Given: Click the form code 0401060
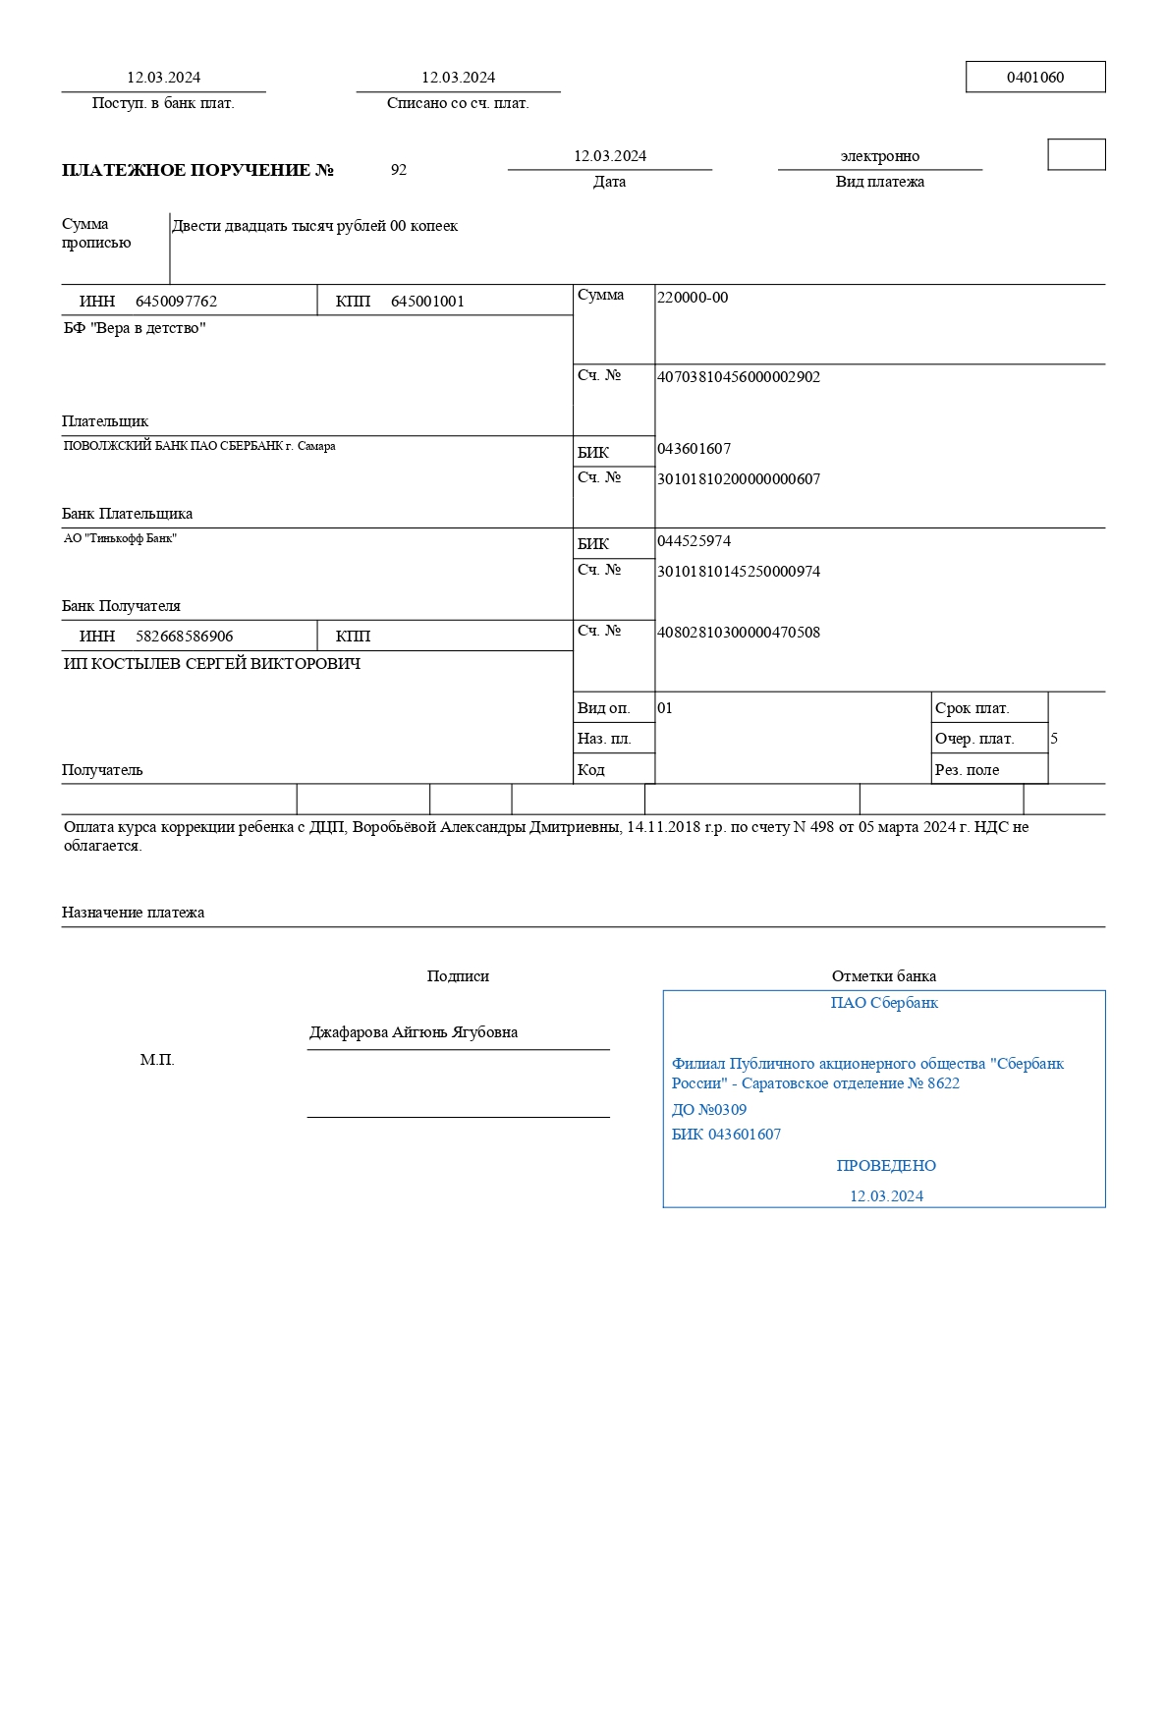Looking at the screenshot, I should [x=1034, y=78].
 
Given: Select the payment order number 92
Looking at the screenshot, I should [x=399, y=170].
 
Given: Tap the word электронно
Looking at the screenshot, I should [x=879, y=156].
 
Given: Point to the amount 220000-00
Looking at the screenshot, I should [x=693, y=298].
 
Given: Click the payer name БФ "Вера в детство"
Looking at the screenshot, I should [x=135, y=328].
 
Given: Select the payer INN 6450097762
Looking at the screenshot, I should [x=176, y=302].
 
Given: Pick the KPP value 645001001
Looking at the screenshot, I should [x=427, y=302].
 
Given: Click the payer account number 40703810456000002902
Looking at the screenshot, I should [x=738, y=377].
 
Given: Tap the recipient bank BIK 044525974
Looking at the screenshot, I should [x=694, y=541].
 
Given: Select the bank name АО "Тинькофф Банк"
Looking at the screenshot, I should [x=120, y=538].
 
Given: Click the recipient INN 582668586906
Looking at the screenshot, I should [x=185, y=637].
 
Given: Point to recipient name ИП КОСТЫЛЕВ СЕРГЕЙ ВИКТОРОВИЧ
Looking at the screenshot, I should [x=212, y=664].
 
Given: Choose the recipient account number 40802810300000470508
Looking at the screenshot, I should [x=738, y=633].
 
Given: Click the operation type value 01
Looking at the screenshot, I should [x=665, y=708].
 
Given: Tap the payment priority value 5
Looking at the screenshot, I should [x=1054, y=739].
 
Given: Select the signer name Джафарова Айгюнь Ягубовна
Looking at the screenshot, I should [x=414, y=1032].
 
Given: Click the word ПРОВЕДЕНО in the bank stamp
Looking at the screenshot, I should [x=886, y=1166].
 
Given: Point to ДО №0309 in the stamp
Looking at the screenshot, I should [x=709, y=1110].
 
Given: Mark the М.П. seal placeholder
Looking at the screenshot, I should [x=157, y=1060].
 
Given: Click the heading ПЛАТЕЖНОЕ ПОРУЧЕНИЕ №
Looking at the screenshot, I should [x=197, y=170].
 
